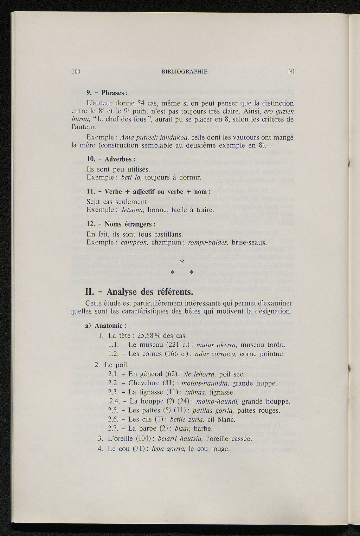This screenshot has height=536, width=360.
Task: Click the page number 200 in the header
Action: pos(76,72)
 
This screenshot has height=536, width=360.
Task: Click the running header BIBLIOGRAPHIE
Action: pos(185,72)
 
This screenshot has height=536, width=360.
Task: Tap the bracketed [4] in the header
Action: pos(291,72)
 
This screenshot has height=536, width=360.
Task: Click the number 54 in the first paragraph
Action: pos(141,104)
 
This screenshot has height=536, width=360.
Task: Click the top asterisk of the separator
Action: pos(182,262)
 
